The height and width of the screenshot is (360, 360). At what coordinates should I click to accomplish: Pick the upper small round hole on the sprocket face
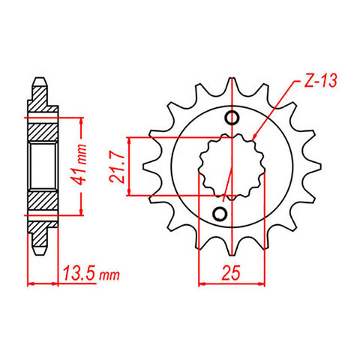(x=232, y=118)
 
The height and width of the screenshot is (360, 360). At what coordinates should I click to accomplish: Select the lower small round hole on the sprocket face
(x=220, y=214)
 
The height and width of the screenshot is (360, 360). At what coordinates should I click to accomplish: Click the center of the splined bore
(x=230, y=166)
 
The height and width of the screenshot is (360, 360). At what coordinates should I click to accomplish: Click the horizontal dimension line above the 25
(x=231, y=284)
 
